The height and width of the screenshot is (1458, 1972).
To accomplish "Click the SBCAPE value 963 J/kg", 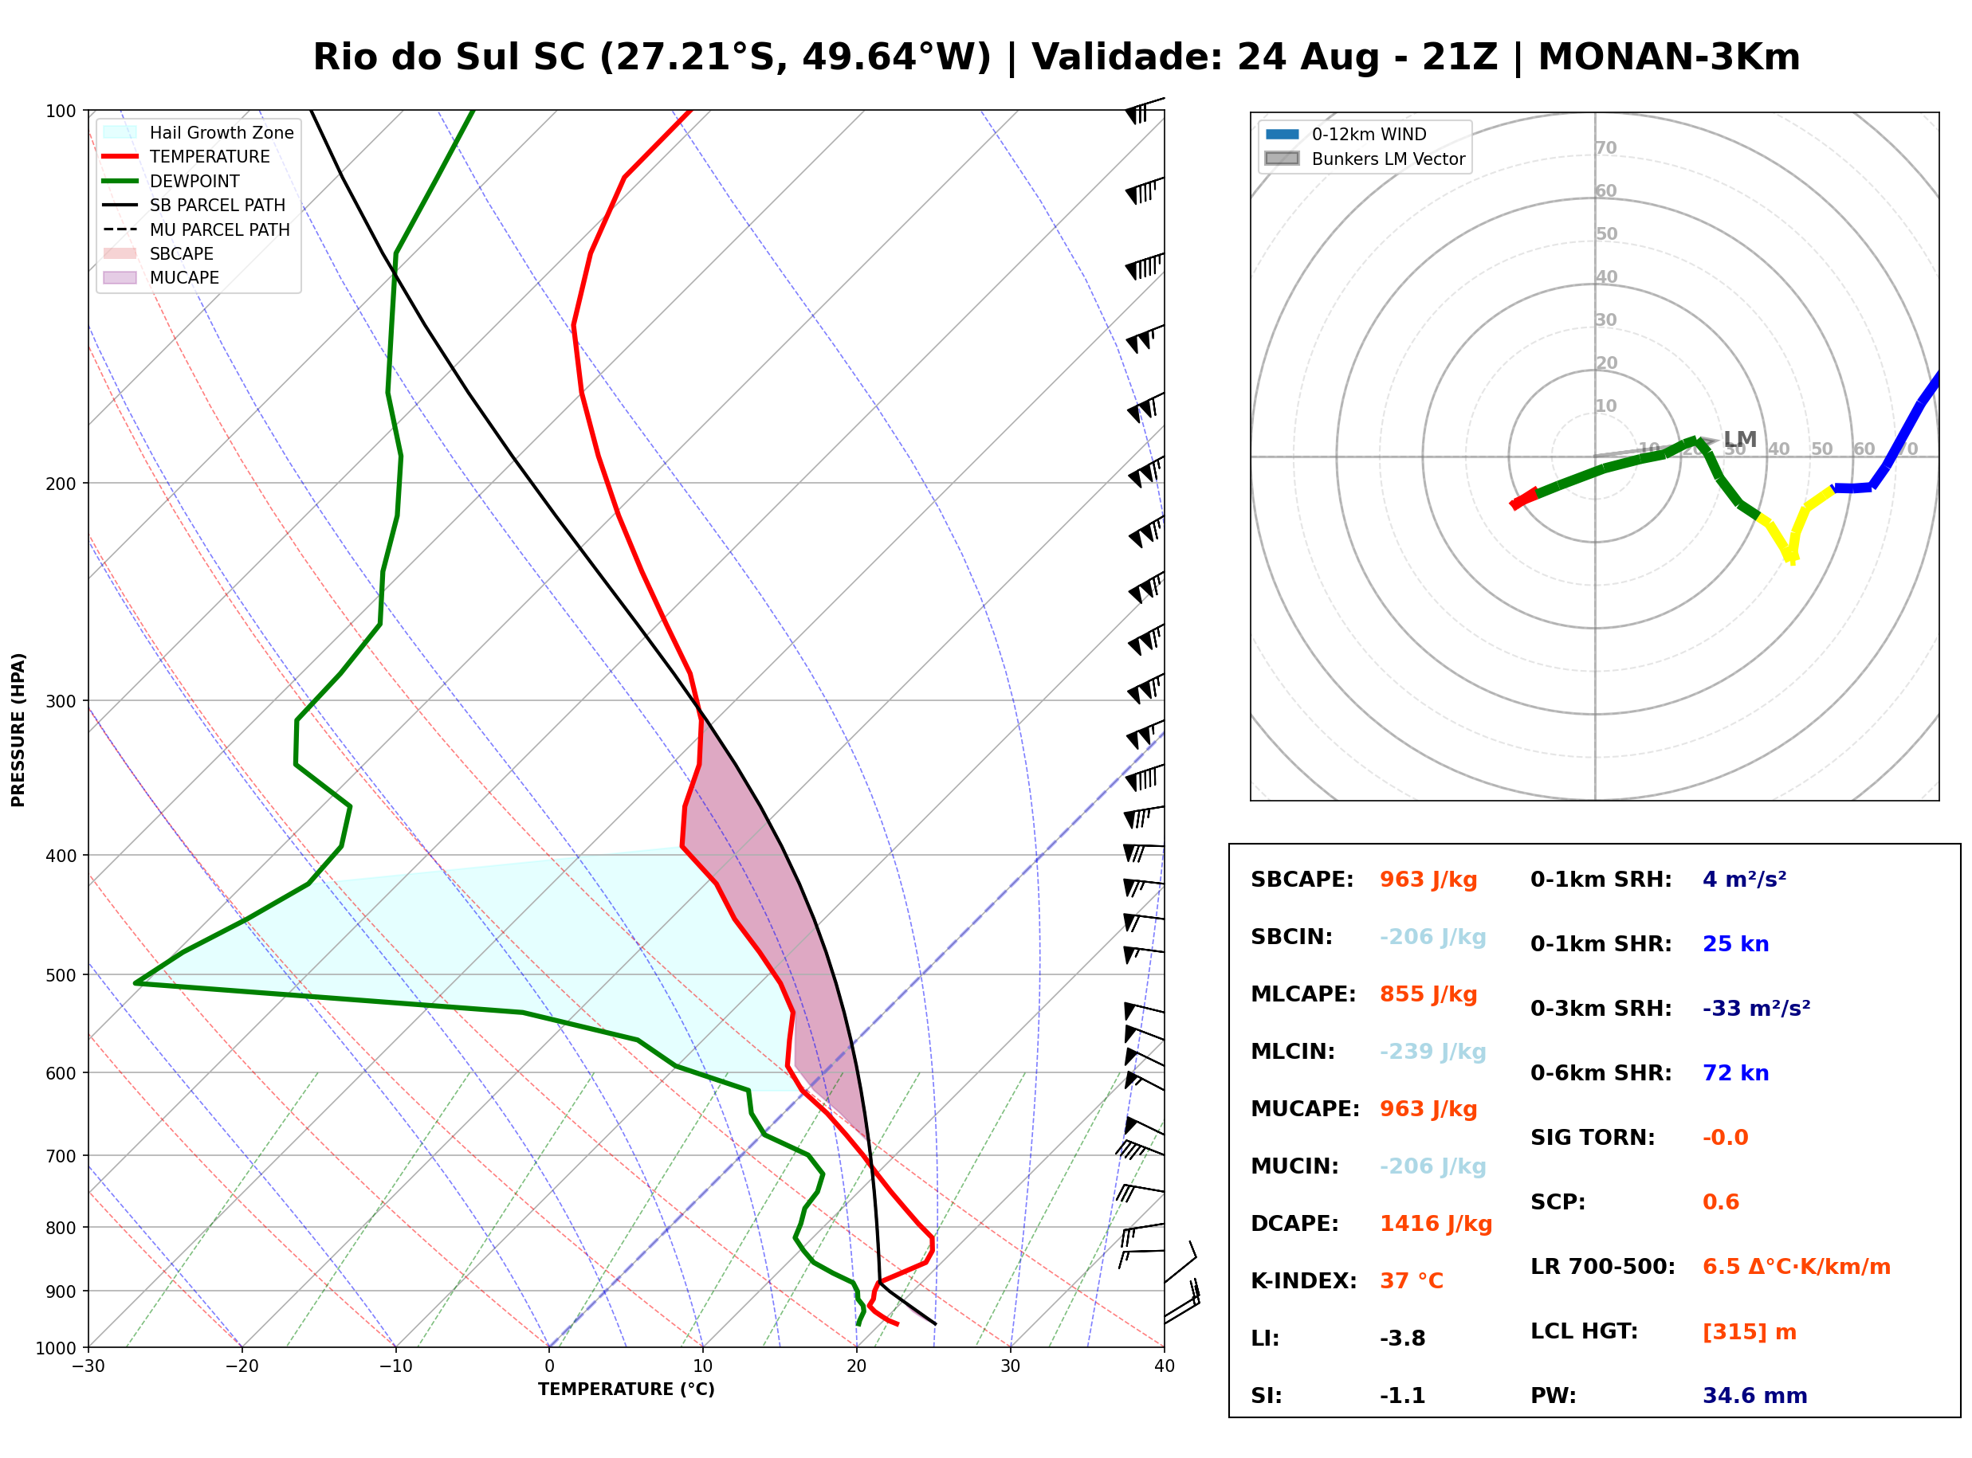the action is (1428, 880).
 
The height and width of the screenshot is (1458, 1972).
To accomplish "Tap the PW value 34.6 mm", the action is (1755, 1396).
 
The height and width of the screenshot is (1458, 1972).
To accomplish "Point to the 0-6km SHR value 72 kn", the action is (1735, 1073).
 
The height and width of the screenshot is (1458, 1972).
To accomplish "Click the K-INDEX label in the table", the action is (1304, 1281).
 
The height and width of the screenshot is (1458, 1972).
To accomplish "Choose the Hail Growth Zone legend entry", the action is (198, 132).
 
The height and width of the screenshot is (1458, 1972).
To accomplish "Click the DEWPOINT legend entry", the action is (172, 181).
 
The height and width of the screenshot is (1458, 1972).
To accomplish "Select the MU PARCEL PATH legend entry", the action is (197, 229).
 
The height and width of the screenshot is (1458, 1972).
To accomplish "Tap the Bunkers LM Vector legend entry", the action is (1365, 159).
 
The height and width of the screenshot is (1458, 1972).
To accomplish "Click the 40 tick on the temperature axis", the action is (1165, 1366).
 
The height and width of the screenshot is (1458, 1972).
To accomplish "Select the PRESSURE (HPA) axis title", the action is (18, 730).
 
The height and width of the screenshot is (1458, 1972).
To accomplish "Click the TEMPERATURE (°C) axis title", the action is (627, 1389).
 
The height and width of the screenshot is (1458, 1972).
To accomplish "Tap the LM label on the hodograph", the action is (1740, 440).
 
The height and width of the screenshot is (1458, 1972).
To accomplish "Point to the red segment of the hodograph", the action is (1523, 498).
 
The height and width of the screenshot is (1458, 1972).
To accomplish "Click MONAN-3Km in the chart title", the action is (1668, 57).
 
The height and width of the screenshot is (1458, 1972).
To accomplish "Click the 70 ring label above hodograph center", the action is (1605, 147).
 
